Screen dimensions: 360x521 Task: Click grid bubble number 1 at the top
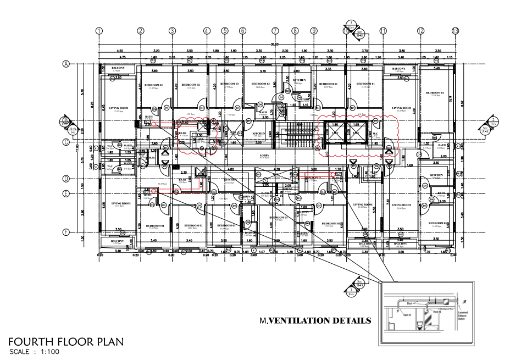click(99, 31)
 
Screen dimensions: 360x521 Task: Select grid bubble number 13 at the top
click(455, 31)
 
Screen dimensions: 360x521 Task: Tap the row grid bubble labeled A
click(65, 64)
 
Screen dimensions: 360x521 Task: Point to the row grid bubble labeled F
click(65, 232)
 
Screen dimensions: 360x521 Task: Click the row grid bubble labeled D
click(65, 179)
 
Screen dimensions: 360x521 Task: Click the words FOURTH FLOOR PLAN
click(65, 341)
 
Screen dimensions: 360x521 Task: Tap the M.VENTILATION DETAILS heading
click(315, 320)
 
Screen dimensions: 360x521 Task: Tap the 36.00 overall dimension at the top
click(275, 44)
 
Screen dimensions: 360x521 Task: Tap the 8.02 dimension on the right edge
click(463, 102)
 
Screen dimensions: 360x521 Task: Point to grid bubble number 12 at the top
click(420, 31)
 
